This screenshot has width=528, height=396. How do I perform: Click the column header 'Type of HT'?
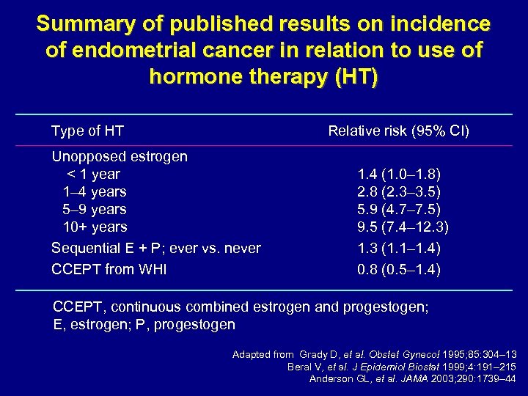pos(87,131)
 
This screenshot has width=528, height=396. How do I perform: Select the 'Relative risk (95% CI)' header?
pos(398,131)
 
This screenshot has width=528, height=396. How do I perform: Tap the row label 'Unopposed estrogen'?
pos(119,156)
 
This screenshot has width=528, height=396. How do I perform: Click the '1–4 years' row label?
pos(95,191)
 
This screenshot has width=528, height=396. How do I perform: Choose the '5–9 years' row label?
pos(95,209)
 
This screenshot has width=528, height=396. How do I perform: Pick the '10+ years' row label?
pos(95,227)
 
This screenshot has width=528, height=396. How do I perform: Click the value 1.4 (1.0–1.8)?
pos(398,174)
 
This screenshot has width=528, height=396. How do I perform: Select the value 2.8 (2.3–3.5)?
pos(398,191)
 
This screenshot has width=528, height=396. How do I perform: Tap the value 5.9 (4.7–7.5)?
pos(398,209)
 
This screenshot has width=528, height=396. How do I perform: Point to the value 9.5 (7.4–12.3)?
pos(403,227)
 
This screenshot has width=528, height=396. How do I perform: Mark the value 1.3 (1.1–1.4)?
pos(398,248)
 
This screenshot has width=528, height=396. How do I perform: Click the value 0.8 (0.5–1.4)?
pos(398,269)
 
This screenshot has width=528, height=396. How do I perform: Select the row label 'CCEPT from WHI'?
pos(109,269)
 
